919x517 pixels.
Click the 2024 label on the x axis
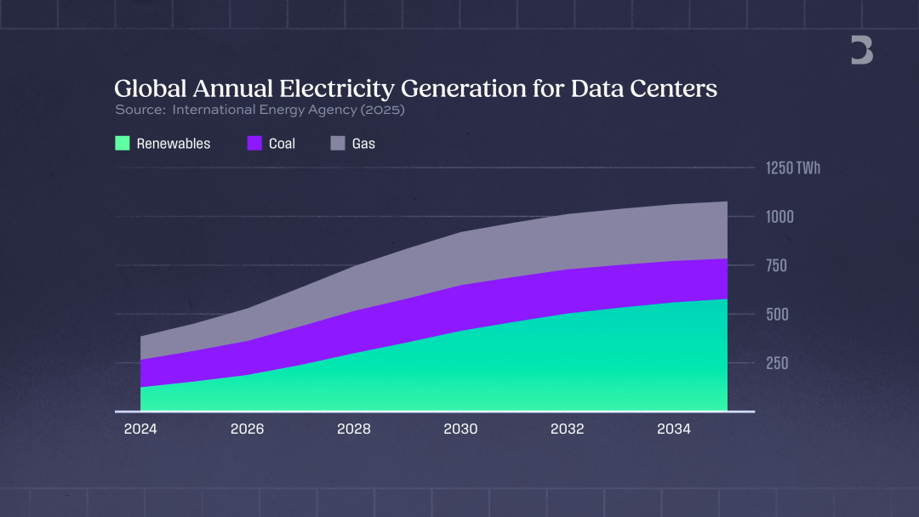(140, 429)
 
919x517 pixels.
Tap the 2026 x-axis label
(247, 429)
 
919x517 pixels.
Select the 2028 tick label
(354, 429)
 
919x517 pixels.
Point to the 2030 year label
(460, 429)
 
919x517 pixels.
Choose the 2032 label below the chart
(567, 429)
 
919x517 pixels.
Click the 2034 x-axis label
(674, 429)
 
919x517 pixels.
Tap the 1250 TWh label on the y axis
(793, 168)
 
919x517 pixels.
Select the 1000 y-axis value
(779, 217)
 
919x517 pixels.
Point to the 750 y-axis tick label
(776, 265)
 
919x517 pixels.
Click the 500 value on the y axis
(776, 314)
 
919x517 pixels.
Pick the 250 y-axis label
(776, 363)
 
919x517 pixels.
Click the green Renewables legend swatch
(123, 144)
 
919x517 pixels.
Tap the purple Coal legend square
(254, 144)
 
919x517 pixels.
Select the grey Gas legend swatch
(338, 144)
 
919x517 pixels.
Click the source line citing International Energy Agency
(260, 110)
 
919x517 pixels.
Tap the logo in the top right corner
(862, 51)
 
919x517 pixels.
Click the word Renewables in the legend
(174, 144)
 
